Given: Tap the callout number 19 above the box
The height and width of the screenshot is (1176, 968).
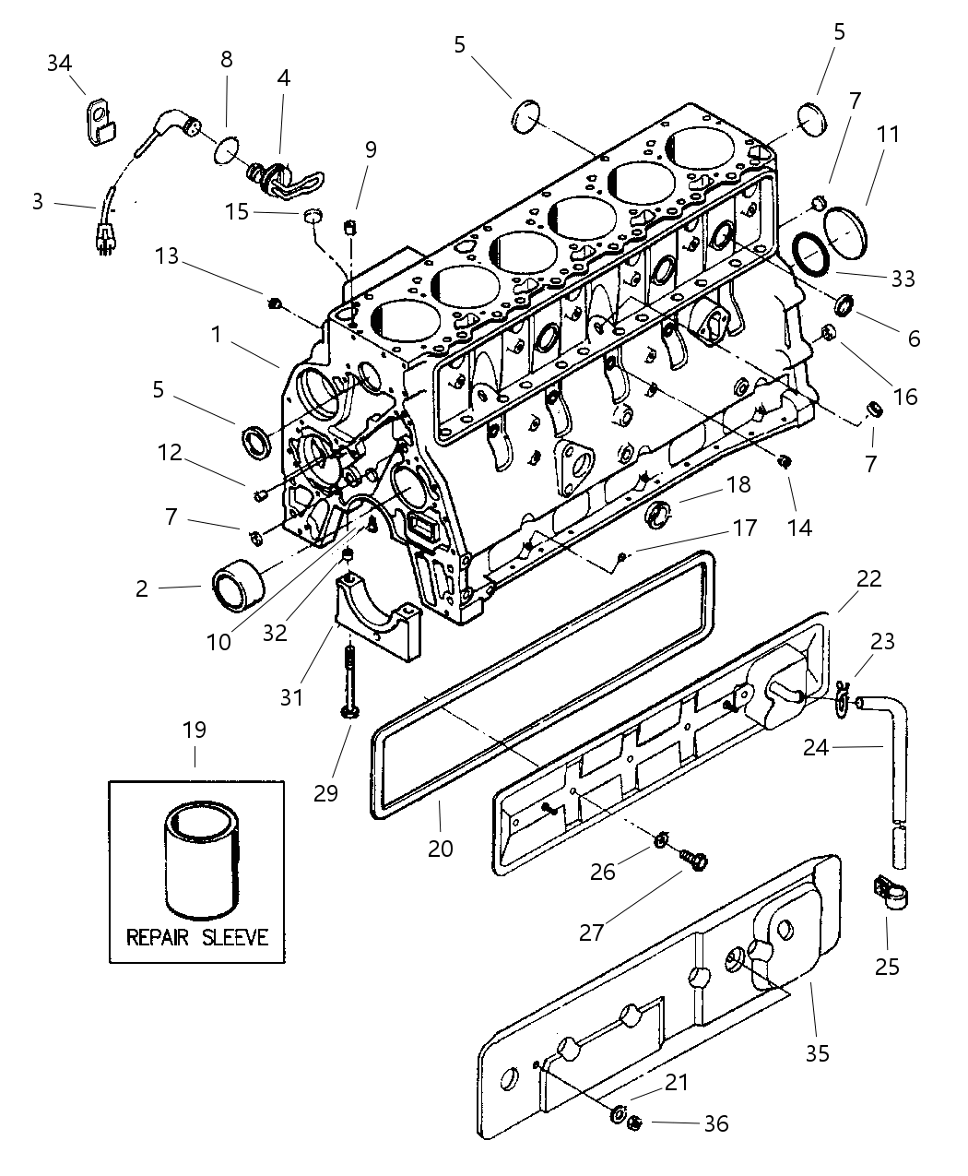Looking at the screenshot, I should [x=195, y=730].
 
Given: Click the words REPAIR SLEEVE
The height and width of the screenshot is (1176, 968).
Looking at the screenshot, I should [x=197, y=937].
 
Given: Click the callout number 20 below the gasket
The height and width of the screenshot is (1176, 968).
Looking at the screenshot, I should [x=441, y=847].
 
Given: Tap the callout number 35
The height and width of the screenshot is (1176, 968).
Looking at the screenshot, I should [x=818, y=1052].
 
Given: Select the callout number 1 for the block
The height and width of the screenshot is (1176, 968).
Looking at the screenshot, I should [x=217, y=334].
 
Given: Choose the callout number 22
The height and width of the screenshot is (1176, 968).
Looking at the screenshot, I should [x=868, y=578].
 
